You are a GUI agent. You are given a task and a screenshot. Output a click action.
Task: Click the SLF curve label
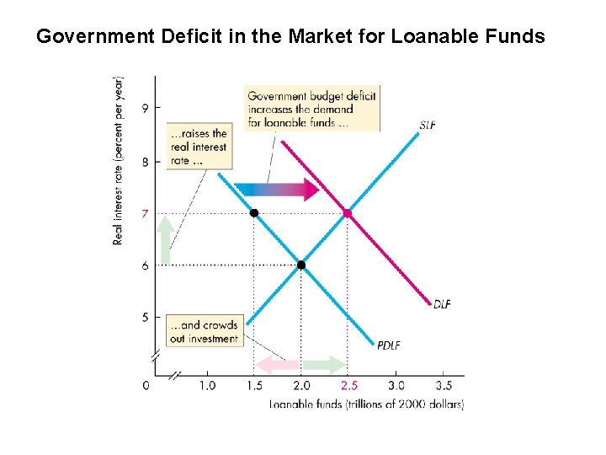(428, 126)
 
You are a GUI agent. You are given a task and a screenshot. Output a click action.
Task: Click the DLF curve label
(442, 304)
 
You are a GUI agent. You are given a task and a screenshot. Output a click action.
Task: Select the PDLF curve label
(389, 344)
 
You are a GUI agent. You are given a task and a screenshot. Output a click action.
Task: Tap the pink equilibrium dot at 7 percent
(347, 213)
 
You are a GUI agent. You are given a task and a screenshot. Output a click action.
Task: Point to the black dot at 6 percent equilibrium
(300, 265)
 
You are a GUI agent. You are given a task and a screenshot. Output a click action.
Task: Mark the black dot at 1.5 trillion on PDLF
(253, 213)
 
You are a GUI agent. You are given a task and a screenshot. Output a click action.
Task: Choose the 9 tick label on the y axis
(146, 108)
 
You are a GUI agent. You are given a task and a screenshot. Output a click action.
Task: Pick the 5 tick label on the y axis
(146, 318)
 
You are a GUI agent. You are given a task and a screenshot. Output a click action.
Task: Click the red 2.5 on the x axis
(348, 386)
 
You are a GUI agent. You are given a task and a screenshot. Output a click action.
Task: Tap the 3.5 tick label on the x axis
(444, 386)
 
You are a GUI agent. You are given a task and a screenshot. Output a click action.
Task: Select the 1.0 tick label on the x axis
(207, 386)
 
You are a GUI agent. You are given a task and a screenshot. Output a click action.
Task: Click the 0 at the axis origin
(146, 386)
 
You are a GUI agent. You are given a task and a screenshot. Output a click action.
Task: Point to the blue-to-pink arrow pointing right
(276, 190)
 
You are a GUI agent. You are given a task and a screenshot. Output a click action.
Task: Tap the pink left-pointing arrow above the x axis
(277, 365)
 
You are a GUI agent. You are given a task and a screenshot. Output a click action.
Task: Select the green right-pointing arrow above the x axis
(324, 365)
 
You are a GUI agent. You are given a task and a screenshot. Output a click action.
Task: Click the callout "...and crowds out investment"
(205, 332)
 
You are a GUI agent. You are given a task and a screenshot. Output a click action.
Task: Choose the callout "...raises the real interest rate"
(198, 147)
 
